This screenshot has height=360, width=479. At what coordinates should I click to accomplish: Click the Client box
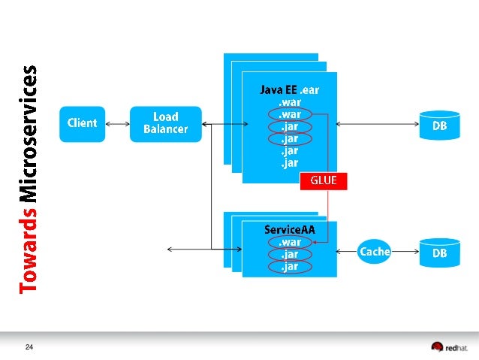(82, 123)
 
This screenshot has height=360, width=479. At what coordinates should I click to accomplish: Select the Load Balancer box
(165, 123)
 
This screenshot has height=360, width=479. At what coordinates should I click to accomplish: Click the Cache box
(375, 252)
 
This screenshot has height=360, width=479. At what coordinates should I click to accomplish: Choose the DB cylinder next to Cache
(439, 253)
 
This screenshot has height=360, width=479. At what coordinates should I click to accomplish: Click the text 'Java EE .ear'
(290, 89)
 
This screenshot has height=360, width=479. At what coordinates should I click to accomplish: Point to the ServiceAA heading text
(289, 229)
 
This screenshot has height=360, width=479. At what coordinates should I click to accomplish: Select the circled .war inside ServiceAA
(289, 242)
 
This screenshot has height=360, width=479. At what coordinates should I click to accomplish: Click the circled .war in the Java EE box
(290, 114)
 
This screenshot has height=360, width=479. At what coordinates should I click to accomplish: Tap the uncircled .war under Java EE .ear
(290, 102)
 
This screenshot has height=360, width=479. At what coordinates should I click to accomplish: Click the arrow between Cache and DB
(405, 253)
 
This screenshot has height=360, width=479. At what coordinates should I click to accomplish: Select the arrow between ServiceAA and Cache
(348, 252)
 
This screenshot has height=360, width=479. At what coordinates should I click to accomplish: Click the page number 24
(30, 346)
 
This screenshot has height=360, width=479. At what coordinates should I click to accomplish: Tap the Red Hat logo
(448, 346)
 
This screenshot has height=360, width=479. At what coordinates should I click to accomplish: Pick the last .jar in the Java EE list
(290, 162)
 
